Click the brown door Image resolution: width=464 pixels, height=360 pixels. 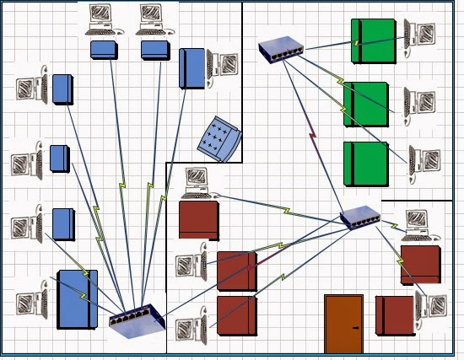coord(343,323)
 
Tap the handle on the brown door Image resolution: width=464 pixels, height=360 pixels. coord(357,327)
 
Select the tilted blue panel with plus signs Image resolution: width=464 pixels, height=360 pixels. coord(220,137)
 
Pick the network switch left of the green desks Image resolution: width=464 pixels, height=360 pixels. coord(282,51)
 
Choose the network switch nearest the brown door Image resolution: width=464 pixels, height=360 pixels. coord(360,218)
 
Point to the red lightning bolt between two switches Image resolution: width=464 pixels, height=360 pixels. coord(312,134)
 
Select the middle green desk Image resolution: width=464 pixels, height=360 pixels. coord(366,104)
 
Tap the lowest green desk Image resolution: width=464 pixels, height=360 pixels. coord(366,164)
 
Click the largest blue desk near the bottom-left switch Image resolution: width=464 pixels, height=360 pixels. coord(77,299)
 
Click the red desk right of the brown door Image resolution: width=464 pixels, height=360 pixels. coord(395,315)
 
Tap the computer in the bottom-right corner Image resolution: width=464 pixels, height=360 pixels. coord(433,313)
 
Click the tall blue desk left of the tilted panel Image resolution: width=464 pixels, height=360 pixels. coord(192,68)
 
